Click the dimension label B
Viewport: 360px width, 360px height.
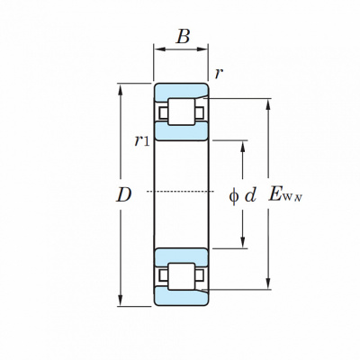(183, 37)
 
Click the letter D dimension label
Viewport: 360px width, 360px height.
(124, 194)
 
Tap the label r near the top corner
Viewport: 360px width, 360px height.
(219, 74)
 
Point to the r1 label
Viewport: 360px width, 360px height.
(141, 140)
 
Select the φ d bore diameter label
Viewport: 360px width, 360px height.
(243, 196)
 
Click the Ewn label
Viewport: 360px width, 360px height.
(285, 194)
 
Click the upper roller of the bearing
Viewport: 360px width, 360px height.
(182, 112)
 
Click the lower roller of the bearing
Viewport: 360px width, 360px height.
(182, 276)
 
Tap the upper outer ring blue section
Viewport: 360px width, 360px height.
(181, 91)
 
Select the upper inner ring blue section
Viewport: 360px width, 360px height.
(181, 131)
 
